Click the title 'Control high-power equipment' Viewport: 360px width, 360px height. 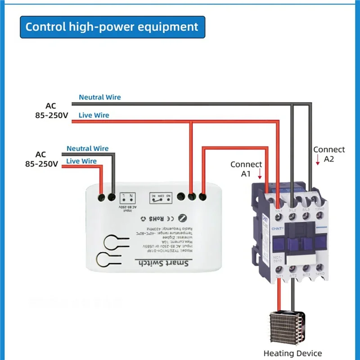point(112,27)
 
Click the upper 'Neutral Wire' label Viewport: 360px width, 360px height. point(99,97)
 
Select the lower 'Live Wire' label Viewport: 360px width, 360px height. point(81,161)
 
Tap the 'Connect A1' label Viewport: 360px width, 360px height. point(246,169)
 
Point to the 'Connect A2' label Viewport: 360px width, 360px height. point(329,154)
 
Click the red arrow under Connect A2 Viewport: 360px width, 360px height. point(318,159)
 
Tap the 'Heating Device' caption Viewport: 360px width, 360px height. point(292,354)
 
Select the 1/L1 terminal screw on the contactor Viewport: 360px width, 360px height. point(279,217)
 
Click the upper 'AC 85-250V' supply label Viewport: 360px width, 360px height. point(51,111)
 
